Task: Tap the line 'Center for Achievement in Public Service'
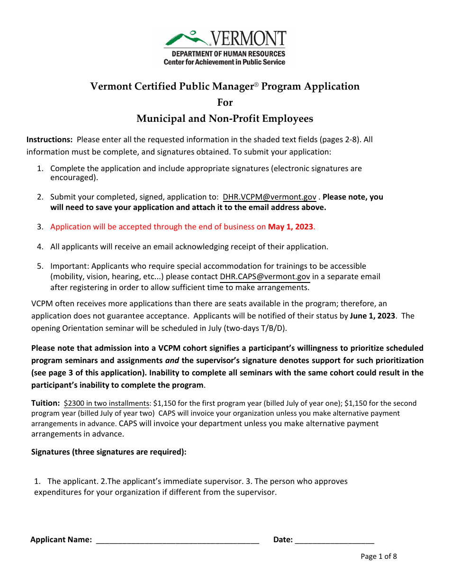click(225, 62)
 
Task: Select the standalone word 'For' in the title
click(225, 102)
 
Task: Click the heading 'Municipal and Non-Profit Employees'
click(225, 118)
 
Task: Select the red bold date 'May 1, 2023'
click(290, 227)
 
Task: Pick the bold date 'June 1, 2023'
click(372, 316)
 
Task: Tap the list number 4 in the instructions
click(40, 247)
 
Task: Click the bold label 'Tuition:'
click(45, 403)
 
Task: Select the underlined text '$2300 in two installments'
click(107, 403)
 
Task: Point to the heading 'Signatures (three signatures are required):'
click(109, 452)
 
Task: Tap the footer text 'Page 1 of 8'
click(378, 556)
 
